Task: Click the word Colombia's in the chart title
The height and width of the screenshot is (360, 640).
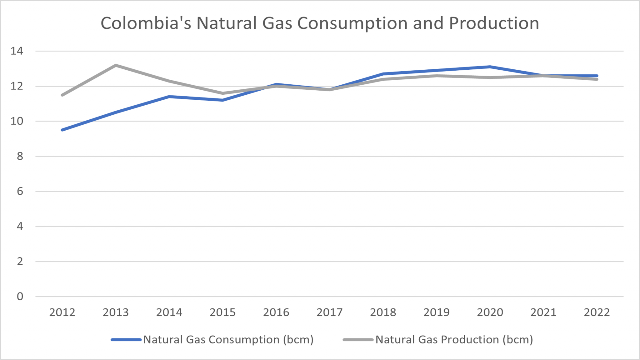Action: (x=146, y=23)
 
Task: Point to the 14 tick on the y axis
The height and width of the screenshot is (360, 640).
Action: (x=17, y=51)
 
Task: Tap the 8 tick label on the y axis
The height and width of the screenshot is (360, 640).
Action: (x=20, y=156)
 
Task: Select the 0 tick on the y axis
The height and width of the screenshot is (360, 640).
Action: (x=20, y=296)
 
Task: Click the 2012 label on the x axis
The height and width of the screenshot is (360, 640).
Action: (x=62, y=312)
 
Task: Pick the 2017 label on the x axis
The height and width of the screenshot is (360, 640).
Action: (x=329, y=312)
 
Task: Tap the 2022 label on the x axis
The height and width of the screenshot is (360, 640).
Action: (x=597, y=312)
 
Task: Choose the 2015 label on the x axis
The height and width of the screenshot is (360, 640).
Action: (x=222, y=312)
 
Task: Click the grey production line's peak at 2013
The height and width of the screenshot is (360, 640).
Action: (x=116, y=65)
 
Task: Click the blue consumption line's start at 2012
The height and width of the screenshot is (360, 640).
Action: (x=62, y=130)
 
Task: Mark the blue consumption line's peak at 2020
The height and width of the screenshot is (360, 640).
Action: (x=490, y=67)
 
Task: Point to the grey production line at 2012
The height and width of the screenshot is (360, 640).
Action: (x=62, y=95)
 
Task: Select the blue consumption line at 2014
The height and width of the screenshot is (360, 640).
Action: (x=169, y=97)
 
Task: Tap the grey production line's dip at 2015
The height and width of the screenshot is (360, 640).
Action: (x=222, y=93)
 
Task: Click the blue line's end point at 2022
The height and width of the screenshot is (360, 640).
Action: (x=597, y=76)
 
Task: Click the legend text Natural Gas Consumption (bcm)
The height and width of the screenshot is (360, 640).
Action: (x=228, y=340)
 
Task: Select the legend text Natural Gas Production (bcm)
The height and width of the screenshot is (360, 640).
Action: (x=454, y=340)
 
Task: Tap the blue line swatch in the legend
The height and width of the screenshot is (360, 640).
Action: (x=126, y=340)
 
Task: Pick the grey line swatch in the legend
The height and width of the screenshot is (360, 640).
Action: (x=358, y=340)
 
